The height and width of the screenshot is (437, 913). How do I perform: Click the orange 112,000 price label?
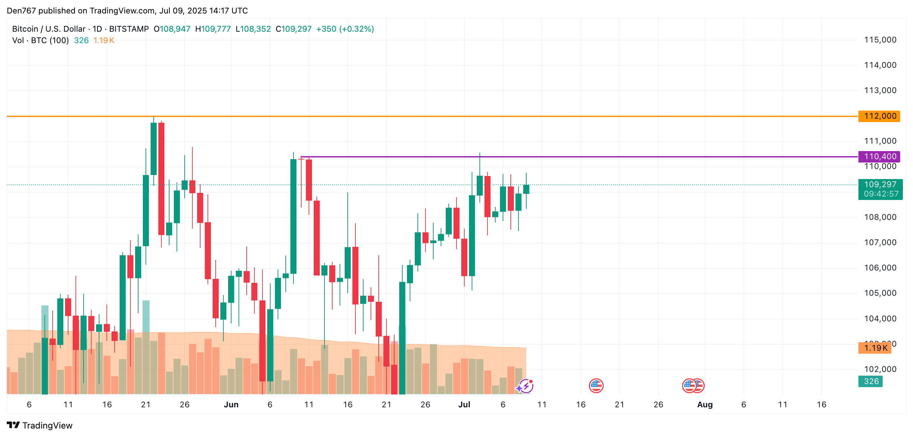tap(879, 116)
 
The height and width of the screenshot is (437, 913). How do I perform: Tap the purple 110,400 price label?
tap(879, 156)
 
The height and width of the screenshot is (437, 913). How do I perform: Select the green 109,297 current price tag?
tap(880, 184)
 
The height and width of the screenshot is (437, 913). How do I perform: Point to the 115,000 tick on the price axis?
tap(880, 40)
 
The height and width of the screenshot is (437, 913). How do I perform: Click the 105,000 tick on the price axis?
tap(880, 293)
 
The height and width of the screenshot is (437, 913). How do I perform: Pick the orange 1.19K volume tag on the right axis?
tap(875, 348)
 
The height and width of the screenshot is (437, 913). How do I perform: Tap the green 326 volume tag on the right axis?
tap(871, 381)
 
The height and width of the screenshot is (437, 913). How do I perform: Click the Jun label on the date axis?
tap(231, 404)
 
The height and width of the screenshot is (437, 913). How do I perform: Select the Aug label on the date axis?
tap(704, 404)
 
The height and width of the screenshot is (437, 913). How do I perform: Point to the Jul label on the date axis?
tap(464, 404)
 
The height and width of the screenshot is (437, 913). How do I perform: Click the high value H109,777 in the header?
tap(213, 29)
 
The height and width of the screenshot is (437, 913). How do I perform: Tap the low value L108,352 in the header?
tap(253, 29)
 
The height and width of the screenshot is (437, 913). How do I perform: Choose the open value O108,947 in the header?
tap(172, 29)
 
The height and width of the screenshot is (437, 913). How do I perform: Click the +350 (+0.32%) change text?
tap(345, 29)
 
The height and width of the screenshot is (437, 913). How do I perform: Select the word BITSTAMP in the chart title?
tap(129, 29)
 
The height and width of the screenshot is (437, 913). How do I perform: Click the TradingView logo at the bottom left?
tap(39, 425)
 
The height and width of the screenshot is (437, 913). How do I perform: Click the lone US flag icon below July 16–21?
tap(596, 385)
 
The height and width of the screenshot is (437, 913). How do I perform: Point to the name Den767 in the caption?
tap(21, 11)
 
